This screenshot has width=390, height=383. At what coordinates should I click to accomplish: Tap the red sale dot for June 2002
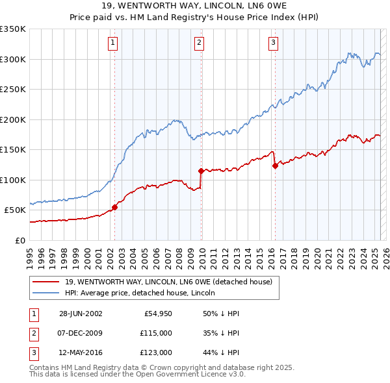point(115,207)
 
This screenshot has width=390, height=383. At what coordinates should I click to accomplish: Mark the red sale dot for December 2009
point(201,171)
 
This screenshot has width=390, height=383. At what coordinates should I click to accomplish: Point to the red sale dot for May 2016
point(275,166)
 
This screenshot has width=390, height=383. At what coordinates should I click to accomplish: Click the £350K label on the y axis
point(13,29)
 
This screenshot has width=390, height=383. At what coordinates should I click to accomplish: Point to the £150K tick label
point(13,150)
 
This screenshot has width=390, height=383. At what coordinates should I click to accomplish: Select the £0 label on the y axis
point(19,240)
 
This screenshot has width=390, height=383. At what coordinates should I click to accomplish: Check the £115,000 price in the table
point(157,333)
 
